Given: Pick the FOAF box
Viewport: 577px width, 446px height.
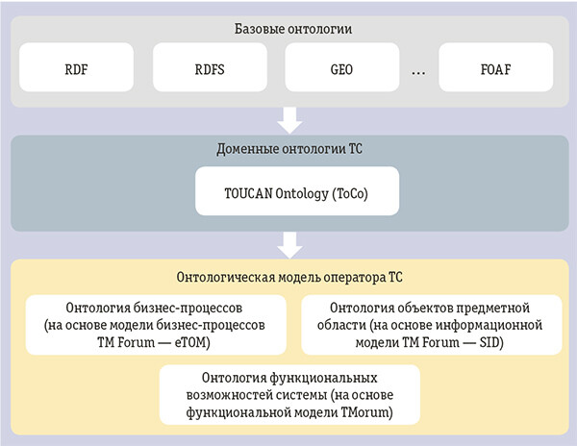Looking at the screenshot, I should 496,70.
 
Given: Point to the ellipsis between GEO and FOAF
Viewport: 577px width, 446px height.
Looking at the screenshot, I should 417,73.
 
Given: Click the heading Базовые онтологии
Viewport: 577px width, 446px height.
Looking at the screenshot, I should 288,29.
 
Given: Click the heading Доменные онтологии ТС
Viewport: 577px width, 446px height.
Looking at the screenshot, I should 288,150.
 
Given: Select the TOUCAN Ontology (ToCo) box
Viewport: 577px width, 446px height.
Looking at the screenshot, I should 288,192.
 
